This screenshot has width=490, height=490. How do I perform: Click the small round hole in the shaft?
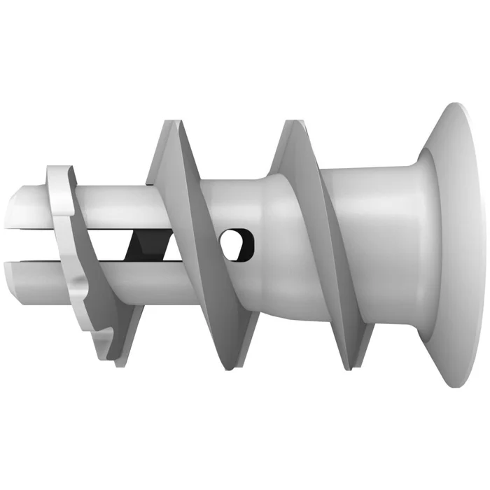point(237,242)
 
